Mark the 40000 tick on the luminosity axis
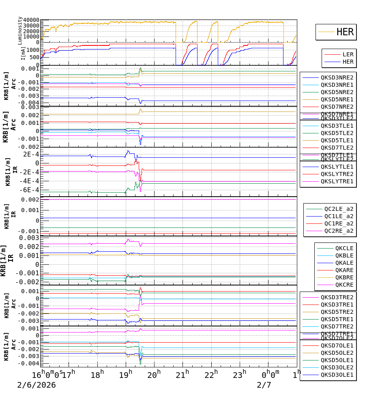click(31, 20)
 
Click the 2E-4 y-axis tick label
click(31, 154)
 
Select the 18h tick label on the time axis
click(97, 373)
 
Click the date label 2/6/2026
click(36, 385)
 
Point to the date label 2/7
click(264, 385)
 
